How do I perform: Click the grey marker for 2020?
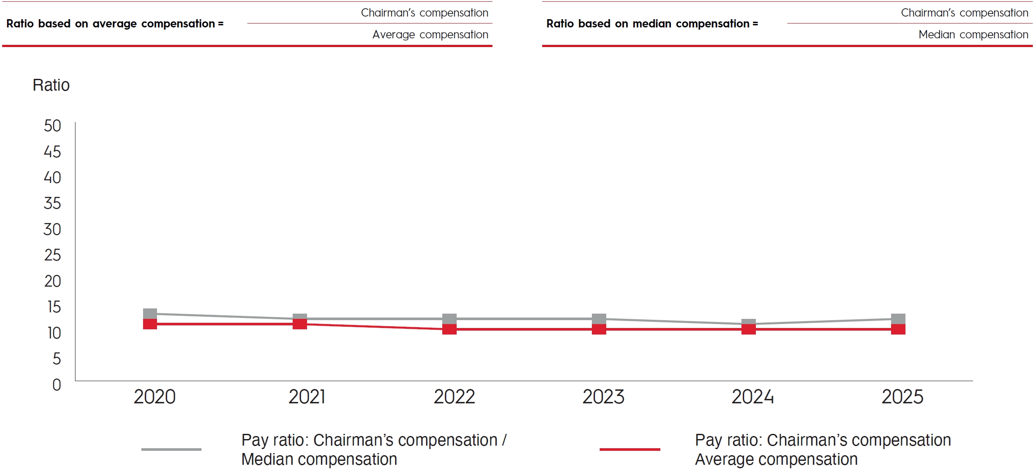pyautogui.click(x=150, y=314)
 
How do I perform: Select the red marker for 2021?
pyautogui.click(x=300, y=324)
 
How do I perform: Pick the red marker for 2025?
pyautogui.click(x=898, y=329)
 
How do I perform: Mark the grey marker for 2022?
pyautogui.click(x=449, y=319)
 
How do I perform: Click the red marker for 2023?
pyautogui.click(x=599, y=329)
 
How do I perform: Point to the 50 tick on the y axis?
pyautogui.click(x=52, y=126)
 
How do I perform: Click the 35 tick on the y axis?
pyautogui.click(x=52, y=203)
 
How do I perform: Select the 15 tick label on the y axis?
pyautogui.click(x=54, y=307)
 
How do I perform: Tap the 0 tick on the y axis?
pyautogui.click(x=57, y=385)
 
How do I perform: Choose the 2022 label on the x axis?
pyautogui.click(x=454, y=397)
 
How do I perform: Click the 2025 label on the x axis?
pyautogui.click(x=902, y=397)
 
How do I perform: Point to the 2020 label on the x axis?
pyautogui.click(x=154, y=397)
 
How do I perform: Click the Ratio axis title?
pyautogui.click(x=51, y=85)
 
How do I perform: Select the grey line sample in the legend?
pyautogui.click(x=171, y=449)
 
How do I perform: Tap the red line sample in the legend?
pyautogui.click(x=630, y=449)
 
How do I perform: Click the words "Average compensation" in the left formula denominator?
pyautogui.click(x=430, y=35)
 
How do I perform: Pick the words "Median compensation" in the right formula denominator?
pyautogui.click(x=973, y=35)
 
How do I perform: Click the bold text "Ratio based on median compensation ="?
pyautogui.click(x=652, y=24)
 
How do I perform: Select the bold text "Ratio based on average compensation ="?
pyautogui.click(x=115, y=24)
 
